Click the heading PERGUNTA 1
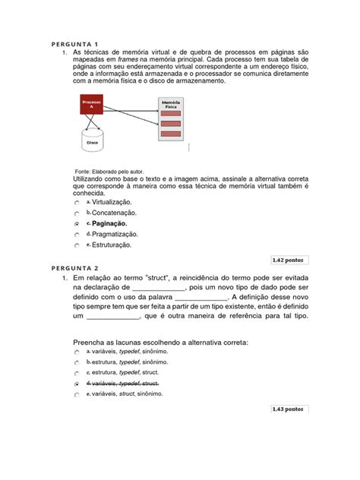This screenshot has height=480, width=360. [77, 43]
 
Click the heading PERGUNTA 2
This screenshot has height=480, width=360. [77, 268]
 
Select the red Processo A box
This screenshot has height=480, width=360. [92, 105]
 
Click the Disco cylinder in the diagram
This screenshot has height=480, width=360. [92, 141]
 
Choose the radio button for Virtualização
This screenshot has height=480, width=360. [77, 203]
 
